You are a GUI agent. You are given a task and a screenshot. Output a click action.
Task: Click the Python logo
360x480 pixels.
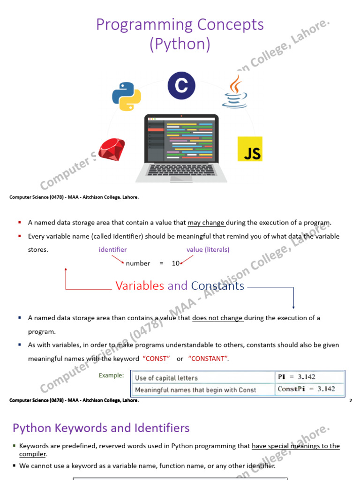(x=127, y=97)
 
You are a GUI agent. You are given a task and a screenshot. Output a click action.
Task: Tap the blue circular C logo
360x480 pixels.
(x=181, y=85)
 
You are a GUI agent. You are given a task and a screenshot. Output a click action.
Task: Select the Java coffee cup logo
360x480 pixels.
(x=235, y=91)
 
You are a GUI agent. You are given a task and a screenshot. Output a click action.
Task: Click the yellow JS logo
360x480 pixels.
(x=250, y=149)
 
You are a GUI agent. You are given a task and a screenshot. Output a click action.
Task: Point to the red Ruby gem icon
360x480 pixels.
(x=112, y=150)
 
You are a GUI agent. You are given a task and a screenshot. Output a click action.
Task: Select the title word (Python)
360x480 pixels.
(x=180, y=44)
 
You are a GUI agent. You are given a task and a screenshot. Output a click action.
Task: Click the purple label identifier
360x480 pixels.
(x=112, y=249)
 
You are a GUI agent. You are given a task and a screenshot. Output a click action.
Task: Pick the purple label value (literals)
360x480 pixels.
(x=208, y=249)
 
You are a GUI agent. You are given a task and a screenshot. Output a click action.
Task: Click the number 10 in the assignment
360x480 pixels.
(x=176, y=263)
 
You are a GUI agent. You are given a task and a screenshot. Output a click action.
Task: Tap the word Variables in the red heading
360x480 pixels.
(x=140, y=285)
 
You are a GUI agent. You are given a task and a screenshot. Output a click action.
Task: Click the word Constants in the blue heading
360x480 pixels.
(x=217, y=285)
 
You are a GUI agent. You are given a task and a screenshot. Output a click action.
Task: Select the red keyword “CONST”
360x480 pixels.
(x=156, y=359)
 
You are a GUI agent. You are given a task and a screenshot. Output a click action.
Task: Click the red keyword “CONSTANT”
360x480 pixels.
(x=208, y=359)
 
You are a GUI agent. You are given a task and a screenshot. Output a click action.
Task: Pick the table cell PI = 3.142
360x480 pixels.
(x=297, y=377)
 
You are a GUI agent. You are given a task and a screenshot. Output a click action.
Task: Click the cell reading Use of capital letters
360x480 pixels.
(x=166, y=378)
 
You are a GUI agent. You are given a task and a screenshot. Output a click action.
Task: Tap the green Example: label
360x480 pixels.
(x=112, y=375)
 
